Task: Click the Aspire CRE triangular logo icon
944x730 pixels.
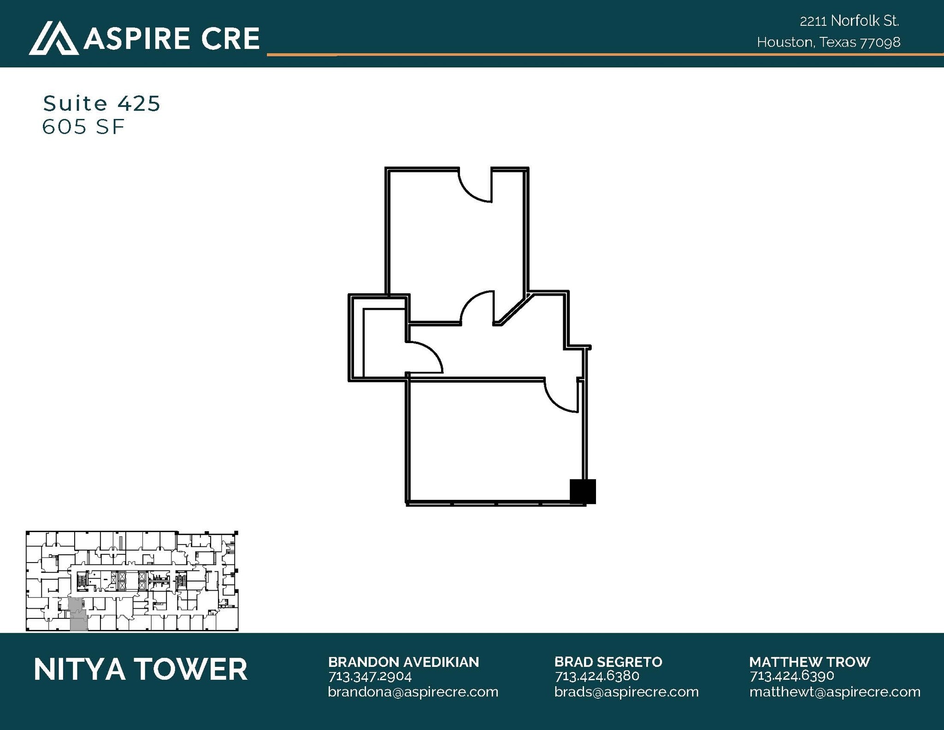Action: (53, 38)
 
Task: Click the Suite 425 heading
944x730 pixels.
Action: (101, 103)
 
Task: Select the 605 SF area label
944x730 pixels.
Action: (83, 127)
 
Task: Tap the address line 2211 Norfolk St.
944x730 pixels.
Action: (849, 21)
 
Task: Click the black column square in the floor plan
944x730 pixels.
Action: (583, 492)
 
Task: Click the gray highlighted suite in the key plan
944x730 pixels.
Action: (78, 614)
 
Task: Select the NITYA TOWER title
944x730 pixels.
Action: (141, 670)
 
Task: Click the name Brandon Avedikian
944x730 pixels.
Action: (403, 662)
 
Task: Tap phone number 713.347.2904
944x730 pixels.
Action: (370, 677)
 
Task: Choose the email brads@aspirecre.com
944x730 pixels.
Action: (626, 692)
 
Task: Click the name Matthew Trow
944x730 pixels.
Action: (809, 662)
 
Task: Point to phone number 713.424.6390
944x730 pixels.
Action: (791, 676)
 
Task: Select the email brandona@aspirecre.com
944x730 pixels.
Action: (413, 692)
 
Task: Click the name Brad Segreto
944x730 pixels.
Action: (608, 662)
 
